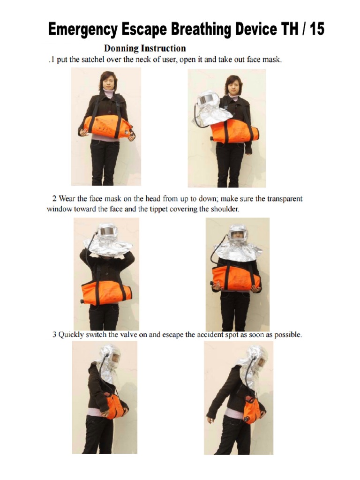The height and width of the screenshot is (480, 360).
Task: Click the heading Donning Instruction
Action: pyautogui.click(x=144, y=48)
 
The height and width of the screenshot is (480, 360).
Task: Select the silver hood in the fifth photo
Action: pyautogui.click(x=109, y=363)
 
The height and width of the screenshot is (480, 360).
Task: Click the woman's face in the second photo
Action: pyautogui.click(x=232, y=86)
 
